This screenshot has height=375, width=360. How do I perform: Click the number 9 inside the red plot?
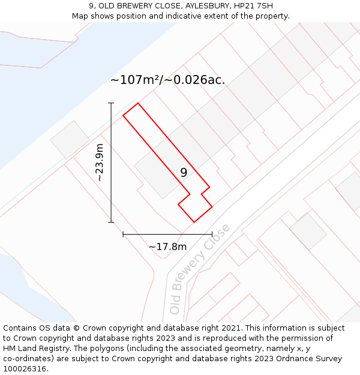pyautogui.click(x=184, y=172)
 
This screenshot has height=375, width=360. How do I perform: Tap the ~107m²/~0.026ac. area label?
pyautogui.click(x=167, y=80)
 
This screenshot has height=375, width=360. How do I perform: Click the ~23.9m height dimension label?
pyautogui.click(x=100, y=163)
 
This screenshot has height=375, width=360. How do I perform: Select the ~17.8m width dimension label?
pyautogui.click(x=167, y=247)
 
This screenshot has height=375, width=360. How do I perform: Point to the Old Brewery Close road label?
pyautogui.click(x=199, y=269)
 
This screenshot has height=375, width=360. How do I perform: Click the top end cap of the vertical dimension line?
pyautogui.click(x=111, y=103)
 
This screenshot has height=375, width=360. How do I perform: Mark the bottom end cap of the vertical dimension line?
pyautogui.click(x=111, y=222)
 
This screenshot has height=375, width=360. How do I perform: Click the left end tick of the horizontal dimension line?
pyautogui.click(x=123, y=234)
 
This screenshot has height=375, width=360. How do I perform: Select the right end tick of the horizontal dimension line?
pyautogui.click(x=212, y=234)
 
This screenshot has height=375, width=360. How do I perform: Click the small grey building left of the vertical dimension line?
pyautogui.click(x=70, y=140)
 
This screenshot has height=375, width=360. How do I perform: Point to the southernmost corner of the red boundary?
pyautogui.click(x=194, y=222)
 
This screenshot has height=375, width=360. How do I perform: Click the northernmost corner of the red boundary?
pyautogui.click(x=138, y=103)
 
